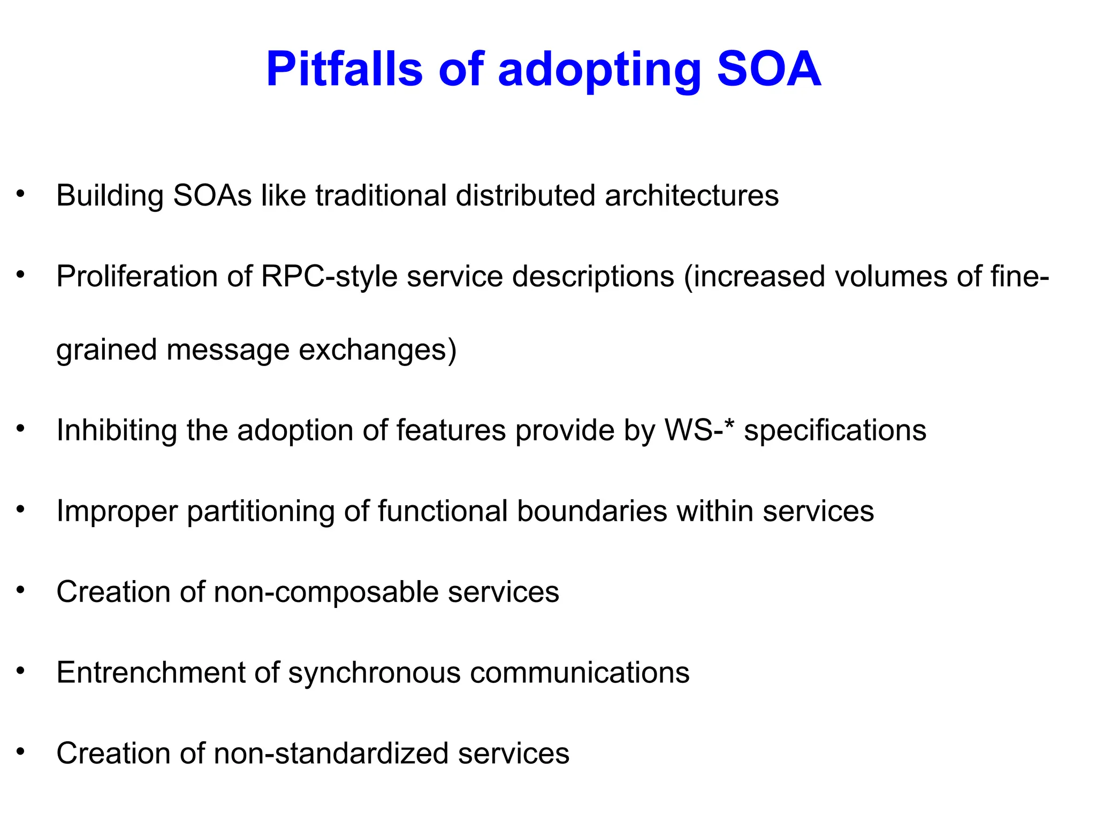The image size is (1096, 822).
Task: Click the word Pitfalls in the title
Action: point(344,70)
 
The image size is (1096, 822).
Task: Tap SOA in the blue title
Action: point(769,70)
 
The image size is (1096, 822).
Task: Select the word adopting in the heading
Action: point(599,72)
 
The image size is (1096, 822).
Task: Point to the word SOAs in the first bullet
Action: point(212,195)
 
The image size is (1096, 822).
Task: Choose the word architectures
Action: point(691,195)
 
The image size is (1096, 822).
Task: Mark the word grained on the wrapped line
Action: point(106,351)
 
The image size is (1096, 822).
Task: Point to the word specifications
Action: point(835,430)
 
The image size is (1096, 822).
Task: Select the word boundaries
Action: point(592,511)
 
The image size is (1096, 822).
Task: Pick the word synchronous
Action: point(374,673)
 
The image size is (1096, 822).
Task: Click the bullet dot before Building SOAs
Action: point(21,193)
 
